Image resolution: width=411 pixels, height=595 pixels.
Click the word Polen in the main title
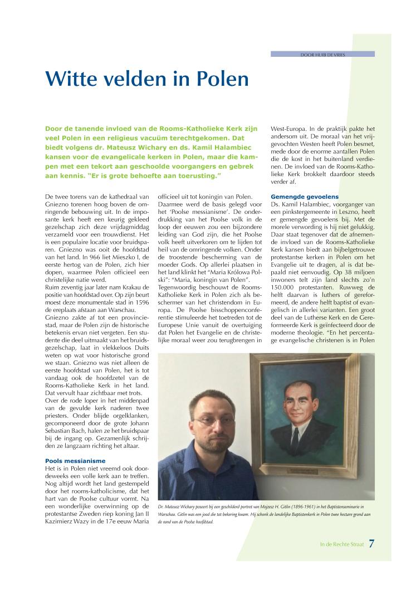point(218,79)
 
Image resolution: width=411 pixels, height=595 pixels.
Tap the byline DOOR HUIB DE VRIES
point(322,54)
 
